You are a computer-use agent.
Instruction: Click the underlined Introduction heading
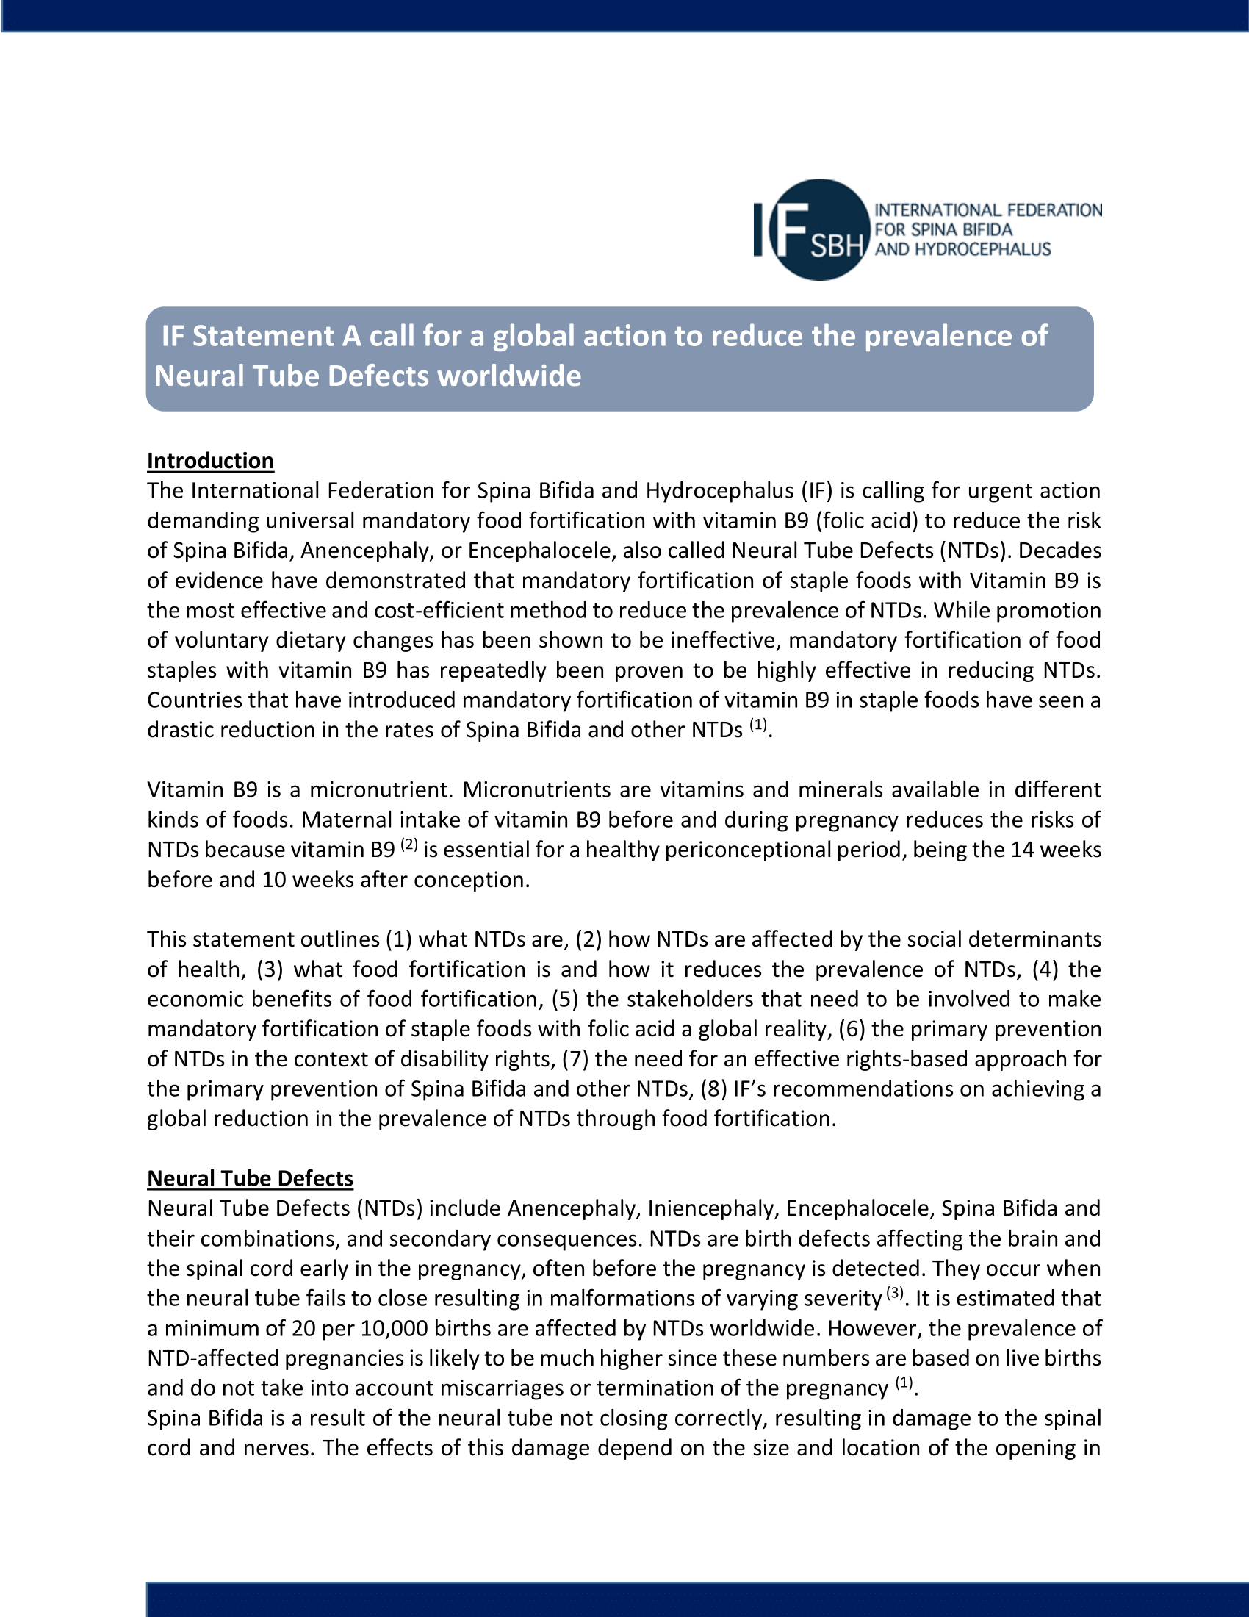(210, 462)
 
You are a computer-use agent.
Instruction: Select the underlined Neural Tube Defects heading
(250, 1178)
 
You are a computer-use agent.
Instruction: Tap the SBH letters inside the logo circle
(837, 245)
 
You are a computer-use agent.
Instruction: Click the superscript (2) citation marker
(409, 844)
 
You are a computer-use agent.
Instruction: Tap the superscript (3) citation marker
(896, 1293)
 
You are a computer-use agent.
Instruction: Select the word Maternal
(347, 820)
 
